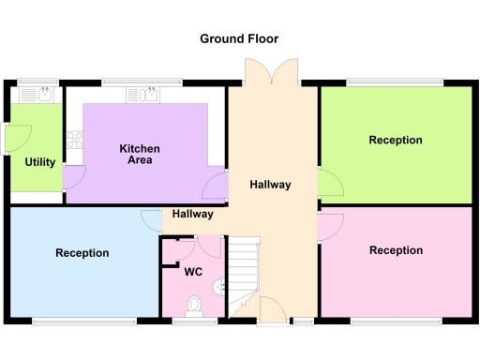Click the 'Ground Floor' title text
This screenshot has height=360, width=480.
(239, 38)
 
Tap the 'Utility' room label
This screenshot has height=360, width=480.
(39, 162)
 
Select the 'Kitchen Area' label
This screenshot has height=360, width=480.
(140, 155)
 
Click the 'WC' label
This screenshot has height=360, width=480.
(193, 273)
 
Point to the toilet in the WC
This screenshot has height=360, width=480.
(195, 305)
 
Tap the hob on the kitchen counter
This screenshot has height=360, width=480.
(74, 143)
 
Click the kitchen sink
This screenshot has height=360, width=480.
(150, 94)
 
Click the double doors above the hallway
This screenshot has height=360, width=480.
(270, 71)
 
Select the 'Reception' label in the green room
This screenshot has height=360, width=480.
(396, 141)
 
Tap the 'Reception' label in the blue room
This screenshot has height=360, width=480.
(82, 253)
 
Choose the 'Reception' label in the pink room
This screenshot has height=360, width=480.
(396, 250)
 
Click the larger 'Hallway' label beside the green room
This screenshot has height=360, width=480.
(270, 185)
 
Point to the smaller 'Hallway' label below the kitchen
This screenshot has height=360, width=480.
(192, 214)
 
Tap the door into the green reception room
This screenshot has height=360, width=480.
(328, 182)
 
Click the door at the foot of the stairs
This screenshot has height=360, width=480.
(271, 310)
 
